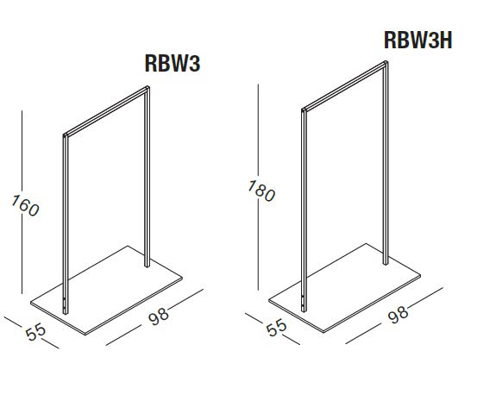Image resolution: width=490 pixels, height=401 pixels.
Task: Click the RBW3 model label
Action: [173, 64]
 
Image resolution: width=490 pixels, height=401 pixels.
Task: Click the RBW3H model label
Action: [418, 41]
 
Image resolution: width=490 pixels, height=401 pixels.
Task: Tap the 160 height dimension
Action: [25, 205]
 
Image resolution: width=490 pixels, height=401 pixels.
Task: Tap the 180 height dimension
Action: [261, 191]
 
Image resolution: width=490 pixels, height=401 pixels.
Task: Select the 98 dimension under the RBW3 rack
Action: [159, 316]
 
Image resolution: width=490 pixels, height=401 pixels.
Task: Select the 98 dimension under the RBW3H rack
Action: [399, 314]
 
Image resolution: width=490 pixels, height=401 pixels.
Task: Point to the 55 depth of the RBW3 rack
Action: [35, 332]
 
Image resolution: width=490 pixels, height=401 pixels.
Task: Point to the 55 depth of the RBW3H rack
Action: [276, 328]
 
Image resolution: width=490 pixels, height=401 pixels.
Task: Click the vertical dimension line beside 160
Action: [22, 202]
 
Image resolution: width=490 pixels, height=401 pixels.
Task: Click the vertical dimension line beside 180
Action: [258, 187]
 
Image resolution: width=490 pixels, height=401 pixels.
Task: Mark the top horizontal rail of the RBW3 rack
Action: [107, 111]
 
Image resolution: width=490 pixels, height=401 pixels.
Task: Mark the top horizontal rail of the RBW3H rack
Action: [345, 85]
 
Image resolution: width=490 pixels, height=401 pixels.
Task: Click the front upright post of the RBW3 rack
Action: [66, 224]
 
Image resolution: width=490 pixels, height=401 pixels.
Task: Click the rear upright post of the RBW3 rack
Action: [148, 177]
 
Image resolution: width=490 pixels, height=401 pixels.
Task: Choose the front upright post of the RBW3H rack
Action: [304, 210]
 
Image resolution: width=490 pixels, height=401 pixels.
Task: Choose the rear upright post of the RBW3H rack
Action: [386, 163]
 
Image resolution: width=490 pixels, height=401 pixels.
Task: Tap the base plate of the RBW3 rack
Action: [106, 291]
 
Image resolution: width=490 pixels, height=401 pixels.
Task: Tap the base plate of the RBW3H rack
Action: [345, 288]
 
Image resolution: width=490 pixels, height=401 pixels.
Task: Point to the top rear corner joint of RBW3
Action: [148, 88]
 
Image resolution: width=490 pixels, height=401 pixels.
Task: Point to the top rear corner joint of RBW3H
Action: [386, 63]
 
